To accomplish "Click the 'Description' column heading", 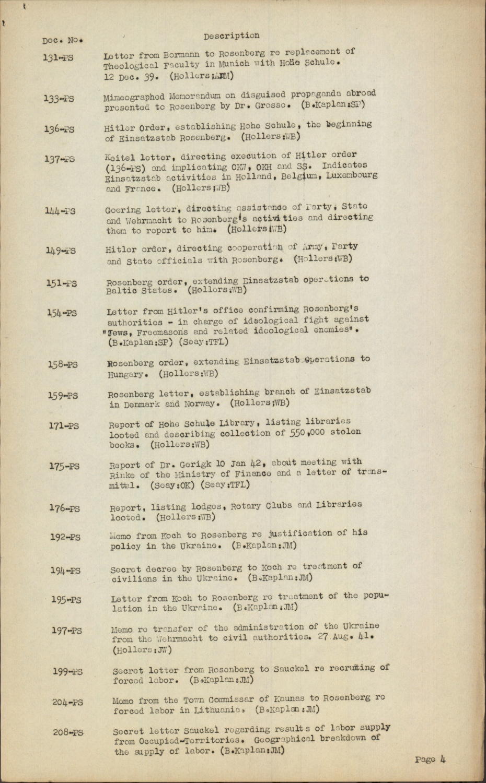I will click(x=231, y=35).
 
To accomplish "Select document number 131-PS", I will click(x=58, y=57).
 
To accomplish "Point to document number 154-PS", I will click(x=62, y=313).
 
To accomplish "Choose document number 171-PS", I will click(x=64, y=426).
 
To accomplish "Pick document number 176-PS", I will click(x=65, y=508).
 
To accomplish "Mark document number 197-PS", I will click(x=66, y=630).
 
